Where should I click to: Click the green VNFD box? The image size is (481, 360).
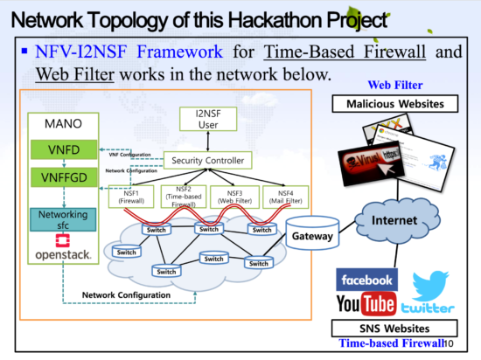(63, 149)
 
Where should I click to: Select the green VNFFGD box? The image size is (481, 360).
(63, 178)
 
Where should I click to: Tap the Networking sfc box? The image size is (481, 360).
(63, 219)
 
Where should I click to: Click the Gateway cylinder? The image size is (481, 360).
(310, 237)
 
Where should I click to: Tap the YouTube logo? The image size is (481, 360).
(366, 305)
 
